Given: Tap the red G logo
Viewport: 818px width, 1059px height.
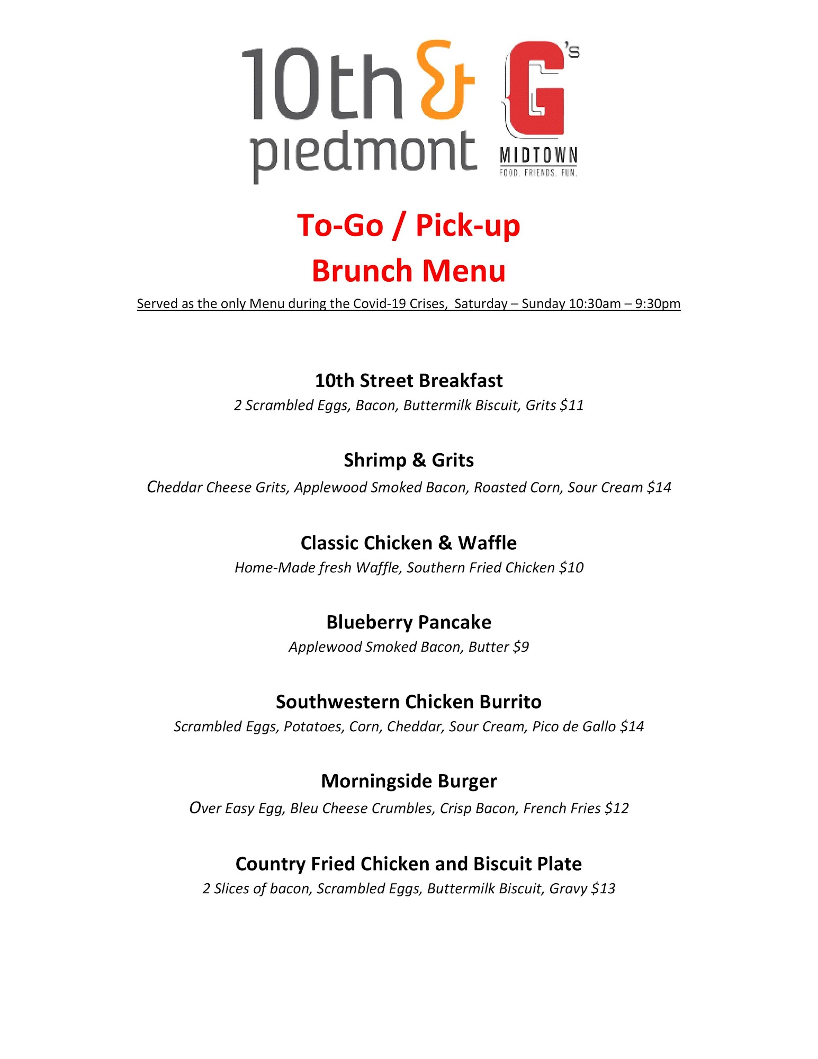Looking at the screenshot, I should tap(536, 87).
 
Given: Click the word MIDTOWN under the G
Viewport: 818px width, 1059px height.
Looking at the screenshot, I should tap(538, 156).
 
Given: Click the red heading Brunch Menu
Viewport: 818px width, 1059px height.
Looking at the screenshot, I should tap(409, 271).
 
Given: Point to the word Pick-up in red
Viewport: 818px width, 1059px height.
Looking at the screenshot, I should tap(468, 226).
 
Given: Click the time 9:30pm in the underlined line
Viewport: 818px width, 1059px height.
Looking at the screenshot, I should tap(658, 303).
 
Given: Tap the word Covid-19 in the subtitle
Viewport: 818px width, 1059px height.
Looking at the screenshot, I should tap(379, 303).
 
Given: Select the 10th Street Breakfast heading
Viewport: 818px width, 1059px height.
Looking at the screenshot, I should tap(409, 381).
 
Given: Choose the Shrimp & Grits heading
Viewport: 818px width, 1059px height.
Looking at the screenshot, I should tap(409, 460).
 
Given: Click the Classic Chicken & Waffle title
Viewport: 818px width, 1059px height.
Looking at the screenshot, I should tap(409, 543).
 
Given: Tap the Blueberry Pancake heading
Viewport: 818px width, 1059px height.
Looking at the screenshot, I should tap(409, 622).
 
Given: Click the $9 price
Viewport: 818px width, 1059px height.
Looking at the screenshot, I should tap(521, 647).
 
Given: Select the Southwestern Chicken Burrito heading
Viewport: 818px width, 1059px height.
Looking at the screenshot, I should tap(409, 702).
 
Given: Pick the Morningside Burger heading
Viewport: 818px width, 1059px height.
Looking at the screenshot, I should tap(409, 781).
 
